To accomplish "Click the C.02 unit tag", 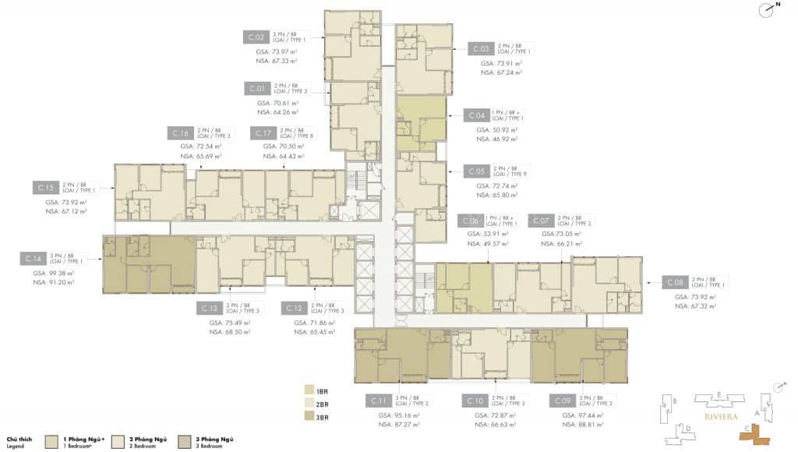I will [x=257, y=37].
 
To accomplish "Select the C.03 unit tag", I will [x=480, y=49].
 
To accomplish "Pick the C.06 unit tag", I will [x=469, y=221].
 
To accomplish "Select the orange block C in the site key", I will [x=755, y=433].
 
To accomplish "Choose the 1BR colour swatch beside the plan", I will [x=309, y=389].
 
